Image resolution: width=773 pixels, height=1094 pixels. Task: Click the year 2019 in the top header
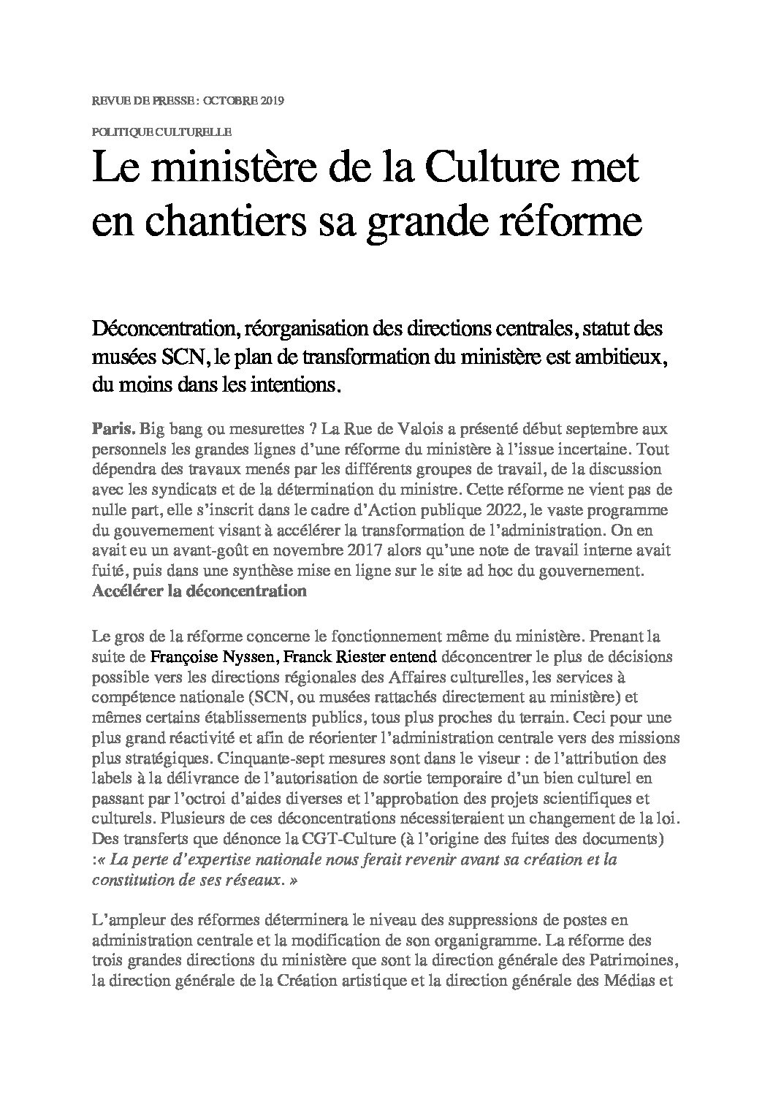(270, 101)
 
